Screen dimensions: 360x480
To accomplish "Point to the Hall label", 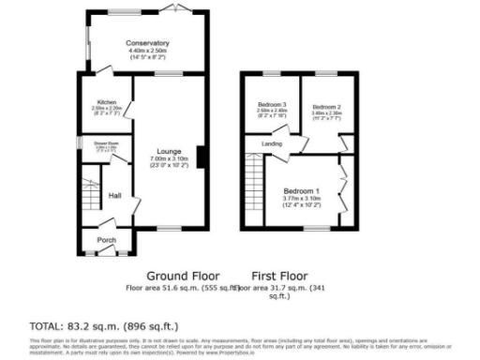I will (114, 195).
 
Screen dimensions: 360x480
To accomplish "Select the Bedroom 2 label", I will (325, 107).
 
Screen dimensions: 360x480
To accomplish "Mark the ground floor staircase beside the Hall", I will (90, 193).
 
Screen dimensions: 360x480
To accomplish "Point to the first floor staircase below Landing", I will (253, 188).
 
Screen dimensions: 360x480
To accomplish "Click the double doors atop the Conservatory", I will (172, 8).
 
